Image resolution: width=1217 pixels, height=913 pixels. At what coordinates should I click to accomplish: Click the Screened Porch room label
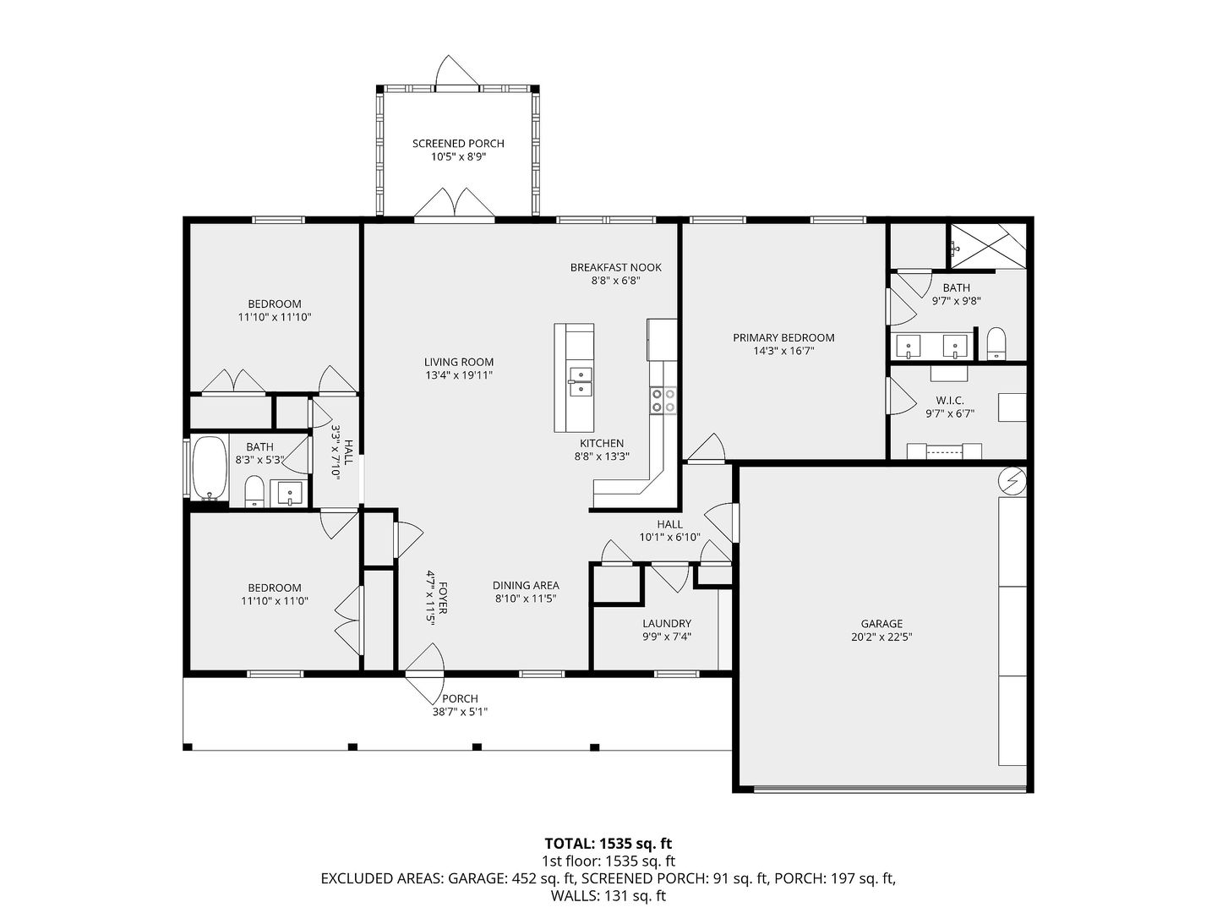[x=458, y=144]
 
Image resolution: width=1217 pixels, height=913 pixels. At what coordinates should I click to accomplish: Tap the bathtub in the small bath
[x=210, y=467]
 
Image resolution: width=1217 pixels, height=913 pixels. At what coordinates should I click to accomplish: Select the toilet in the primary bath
[x=996, y=344]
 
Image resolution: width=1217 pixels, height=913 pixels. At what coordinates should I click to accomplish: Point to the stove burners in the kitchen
[x=663, y=400]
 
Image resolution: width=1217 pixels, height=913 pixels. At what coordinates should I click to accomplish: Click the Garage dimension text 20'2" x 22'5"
[x=881, y=637]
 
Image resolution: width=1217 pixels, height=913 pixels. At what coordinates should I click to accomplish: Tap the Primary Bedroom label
[x=783, y=337]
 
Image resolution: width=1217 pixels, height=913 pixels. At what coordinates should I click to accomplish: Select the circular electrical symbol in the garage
[x=1012, y=481]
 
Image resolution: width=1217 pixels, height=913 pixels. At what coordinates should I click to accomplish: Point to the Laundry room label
[x=667, y=624]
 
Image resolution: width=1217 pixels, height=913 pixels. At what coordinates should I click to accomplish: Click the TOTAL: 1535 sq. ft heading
[x=608, y=843]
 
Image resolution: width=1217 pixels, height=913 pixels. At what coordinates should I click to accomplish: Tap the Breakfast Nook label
[x=615, y=267]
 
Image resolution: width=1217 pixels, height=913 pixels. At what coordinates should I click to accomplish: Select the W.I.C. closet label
[x=949, y=400]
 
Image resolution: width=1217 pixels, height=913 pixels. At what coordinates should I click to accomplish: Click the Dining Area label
[x=526, y=585]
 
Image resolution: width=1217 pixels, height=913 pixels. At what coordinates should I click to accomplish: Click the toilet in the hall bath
[x=254, y=491]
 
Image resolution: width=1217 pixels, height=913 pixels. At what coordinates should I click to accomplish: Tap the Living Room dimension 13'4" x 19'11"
[x=459, y=375]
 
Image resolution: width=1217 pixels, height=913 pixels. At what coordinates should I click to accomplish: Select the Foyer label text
[x=443, y=598]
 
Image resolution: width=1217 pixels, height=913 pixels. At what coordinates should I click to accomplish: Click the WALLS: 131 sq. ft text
[x=608, y=896]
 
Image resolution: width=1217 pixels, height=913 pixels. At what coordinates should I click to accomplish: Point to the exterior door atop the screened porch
[x=457, y=72]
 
